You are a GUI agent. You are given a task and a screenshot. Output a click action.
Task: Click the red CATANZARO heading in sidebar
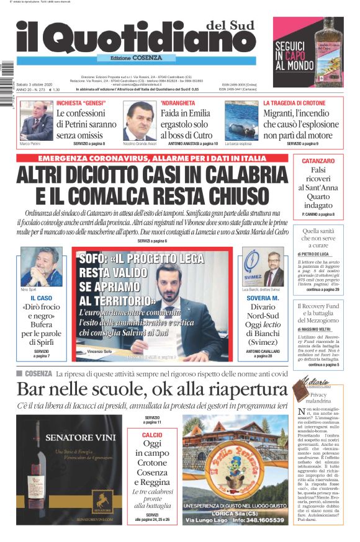coord(318,161)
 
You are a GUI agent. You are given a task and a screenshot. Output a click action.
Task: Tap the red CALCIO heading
coord(152,435)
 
